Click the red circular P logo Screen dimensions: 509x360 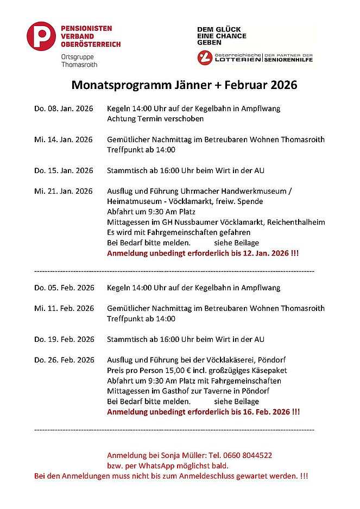(41, 36)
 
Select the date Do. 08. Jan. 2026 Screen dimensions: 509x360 (64, 109)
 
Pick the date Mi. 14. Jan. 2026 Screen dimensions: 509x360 (64, 139)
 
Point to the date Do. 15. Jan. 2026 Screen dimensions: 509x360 (64, 170)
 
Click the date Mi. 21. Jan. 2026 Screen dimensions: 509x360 (64, 191)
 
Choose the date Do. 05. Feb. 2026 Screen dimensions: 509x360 (64, 288)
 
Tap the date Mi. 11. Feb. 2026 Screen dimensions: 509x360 (64, 308)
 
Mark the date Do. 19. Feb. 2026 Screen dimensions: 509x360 (64, 339)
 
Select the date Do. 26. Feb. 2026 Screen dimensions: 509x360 (64, 360)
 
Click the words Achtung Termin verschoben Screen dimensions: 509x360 (155, 119)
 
